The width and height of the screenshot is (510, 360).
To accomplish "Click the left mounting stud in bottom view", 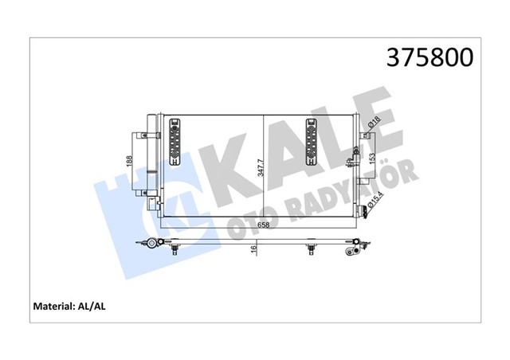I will click(174, 249).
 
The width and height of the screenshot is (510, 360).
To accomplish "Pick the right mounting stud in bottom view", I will click(310, 249).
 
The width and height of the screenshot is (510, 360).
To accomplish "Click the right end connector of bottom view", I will click(351, 252).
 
